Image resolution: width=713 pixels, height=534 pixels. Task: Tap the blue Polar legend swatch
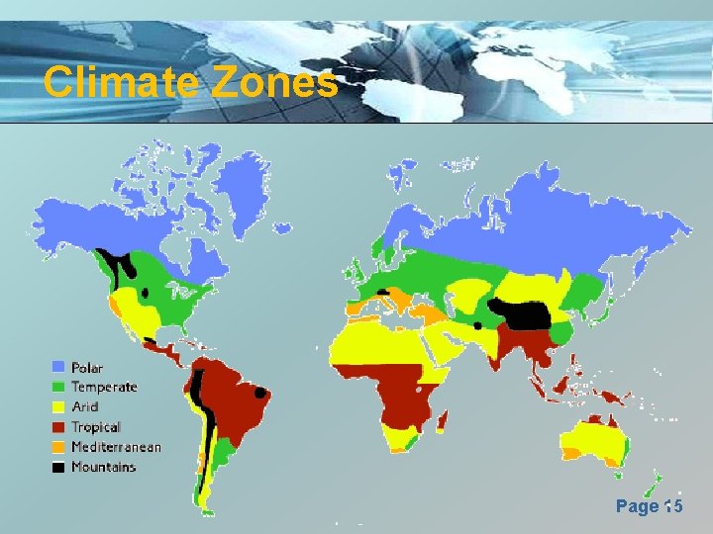tap(58, 368)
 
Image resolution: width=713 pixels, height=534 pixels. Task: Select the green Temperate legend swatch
tap(58, 388)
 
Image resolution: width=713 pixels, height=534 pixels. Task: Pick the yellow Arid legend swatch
tap(58, 407)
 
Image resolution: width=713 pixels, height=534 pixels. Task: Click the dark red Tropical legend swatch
tap(58, 427)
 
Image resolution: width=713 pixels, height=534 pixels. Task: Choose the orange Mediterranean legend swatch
tap(58, 447)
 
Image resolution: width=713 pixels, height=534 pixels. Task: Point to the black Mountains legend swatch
tap(58, 467)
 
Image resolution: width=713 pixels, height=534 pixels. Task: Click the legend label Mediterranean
tap(116, 447)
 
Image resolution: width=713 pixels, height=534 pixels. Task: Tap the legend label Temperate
tap(104, 388)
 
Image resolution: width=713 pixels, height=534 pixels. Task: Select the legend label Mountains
tap(103, 467)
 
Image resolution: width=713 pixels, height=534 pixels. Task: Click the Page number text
tap(649, 506)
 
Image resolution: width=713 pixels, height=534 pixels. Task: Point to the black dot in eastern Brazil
tap(261, 392)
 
